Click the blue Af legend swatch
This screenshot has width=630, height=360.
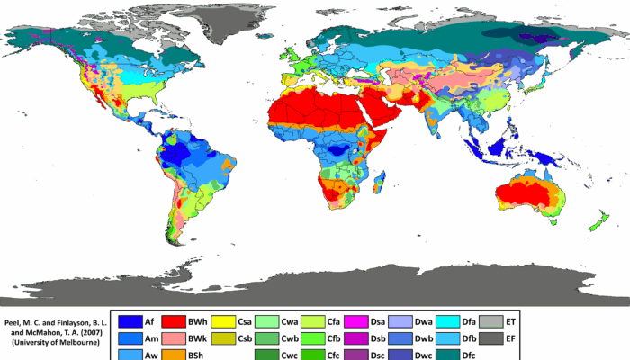point(130,321)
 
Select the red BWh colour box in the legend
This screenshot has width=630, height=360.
point(175,321)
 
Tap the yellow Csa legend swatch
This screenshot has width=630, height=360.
point(222,321)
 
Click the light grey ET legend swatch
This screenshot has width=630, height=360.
point(491,321)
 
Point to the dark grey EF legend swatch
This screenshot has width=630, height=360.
point(491,338)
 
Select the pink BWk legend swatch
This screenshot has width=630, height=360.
point(175,338)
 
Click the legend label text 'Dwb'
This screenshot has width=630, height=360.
point(422,338)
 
